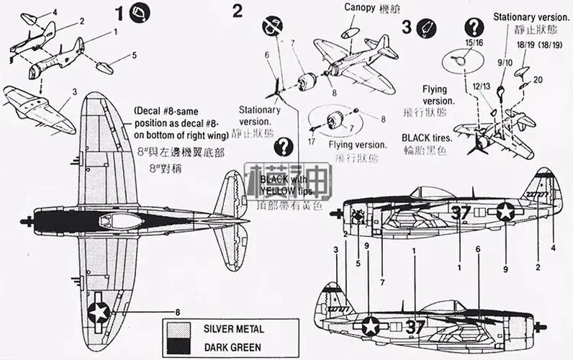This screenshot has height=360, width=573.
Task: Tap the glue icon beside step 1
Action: coord(141,12)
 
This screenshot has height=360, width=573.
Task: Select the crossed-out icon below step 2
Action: coord(271,28)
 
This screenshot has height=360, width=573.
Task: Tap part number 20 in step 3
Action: coord(538,80)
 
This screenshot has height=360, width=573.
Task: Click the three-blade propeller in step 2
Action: coord(274,91)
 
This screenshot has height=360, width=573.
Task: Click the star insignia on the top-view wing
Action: coord(98,312)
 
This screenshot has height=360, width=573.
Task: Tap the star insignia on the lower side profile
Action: coord(370,325)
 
